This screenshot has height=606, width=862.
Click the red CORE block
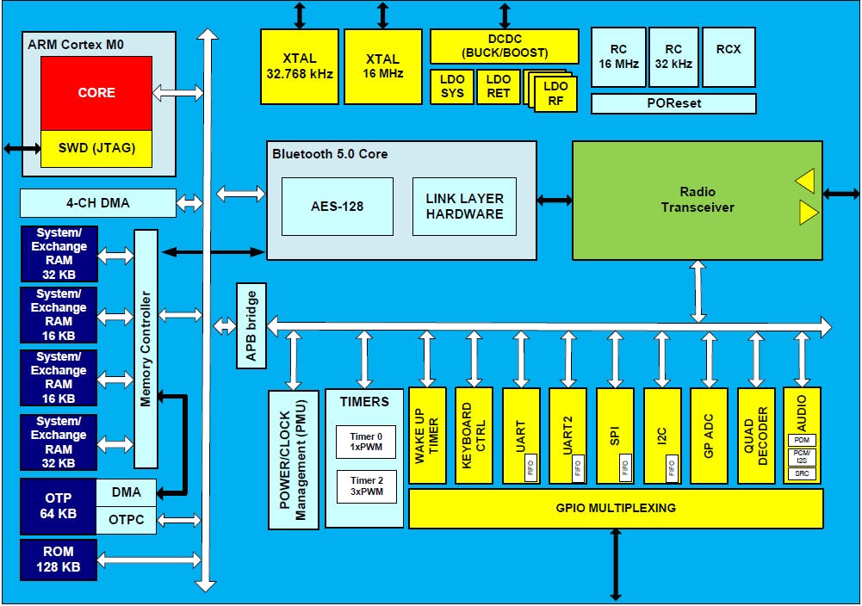point(96,93)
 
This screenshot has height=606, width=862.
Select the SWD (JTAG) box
point(96,148)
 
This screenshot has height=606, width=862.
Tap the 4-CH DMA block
point(97,204)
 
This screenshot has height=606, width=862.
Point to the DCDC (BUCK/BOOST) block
point(504,46)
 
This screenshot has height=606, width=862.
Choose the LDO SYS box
point(452,87)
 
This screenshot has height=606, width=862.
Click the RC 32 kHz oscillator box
point(673,57)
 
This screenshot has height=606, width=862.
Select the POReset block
point(673,103)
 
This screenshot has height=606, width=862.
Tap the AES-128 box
point(338,207)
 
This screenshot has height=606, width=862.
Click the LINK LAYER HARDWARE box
point(464,207)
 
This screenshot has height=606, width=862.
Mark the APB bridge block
point(251,325)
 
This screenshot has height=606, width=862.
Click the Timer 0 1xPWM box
point(365,442)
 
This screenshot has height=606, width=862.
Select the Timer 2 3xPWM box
point(365,486)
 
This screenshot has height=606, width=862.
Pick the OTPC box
point(126,520)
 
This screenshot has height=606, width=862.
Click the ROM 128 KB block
point(59,559)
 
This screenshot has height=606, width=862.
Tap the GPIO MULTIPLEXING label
point(615,508)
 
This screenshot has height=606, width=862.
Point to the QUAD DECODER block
point(755,436)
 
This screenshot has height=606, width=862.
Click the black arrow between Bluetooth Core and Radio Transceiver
point(555,200)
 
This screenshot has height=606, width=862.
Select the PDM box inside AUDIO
point(802,440)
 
